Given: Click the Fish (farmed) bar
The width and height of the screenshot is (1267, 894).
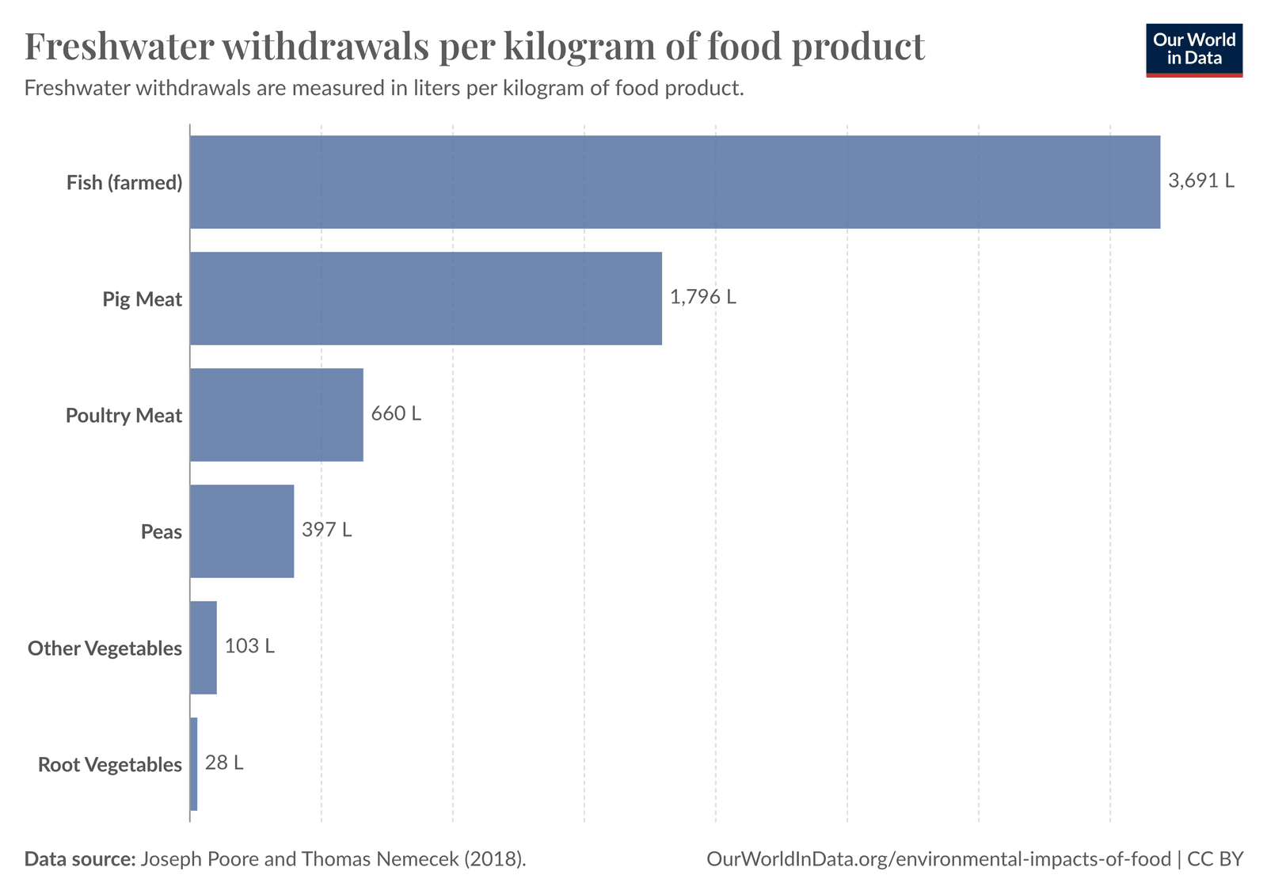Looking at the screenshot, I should coord(675,182).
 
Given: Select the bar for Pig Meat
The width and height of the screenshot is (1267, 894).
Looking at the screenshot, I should coord(426,299).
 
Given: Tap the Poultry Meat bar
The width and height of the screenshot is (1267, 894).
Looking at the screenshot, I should coord(276,415).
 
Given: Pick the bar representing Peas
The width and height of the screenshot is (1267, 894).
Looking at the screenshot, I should coord(242,531).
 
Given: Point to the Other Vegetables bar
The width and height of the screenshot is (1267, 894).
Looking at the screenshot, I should coord(204,648).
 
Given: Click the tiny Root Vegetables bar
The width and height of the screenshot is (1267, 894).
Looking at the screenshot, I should coord(194,764).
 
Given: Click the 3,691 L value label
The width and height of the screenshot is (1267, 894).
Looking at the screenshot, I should coord(1201,181).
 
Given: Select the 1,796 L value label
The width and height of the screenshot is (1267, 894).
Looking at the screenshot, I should coord(703,298).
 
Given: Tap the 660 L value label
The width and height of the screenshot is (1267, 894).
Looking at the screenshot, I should coord(396,414).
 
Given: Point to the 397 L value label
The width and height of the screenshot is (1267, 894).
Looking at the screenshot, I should coord(327,530).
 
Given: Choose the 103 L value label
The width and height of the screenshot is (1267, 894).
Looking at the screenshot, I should coord(249,646).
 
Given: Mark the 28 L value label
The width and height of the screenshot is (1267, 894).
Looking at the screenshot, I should coord(224,763).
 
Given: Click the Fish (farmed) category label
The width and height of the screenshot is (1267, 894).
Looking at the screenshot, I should coord(124,183).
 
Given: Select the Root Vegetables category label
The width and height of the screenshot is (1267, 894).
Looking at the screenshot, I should coord(110,765).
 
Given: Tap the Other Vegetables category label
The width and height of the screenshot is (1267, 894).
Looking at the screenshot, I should coord(105,649).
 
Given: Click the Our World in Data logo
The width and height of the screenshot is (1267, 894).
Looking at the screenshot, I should coord(1193,50).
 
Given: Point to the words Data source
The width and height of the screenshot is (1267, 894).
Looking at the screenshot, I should coord(80,859).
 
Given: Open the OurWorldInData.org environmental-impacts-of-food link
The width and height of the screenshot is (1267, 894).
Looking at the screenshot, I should coord(938,859).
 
